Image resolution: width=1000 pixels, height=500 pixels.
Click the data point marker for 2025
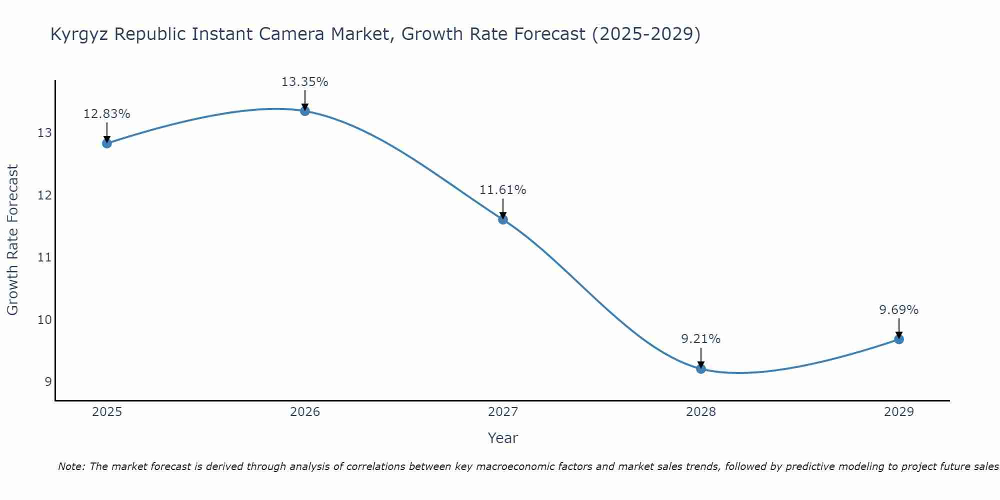[x=107, y=143]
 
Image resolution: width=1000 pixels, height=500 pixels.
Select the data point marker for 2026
[x=305, y=111]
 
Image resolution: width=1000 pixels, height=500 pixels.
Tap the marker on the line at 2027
[x=503, y=219]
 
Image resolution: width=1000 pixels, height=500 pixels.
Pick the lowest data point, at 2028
[x=701, y=369]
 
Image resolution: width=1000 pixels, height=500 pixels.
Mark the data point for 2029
[x=899, y=339]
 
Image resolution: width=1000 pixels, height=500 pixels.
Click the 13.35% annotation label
[x=304, y=82]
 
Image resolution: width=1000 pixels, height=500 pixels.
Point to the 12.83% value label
[x=106, y=114]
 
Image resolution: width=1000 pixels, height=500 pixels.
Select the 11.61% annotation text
[x=502, y=190]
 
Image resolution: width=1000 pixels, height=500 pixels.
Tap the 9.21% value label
[x=700, y=339]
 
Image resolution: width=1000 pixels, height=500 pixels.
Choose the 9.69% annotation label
[x=898, y=310]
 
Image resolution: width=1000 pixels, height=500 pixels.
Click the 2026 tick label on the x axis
[x=305, y=412]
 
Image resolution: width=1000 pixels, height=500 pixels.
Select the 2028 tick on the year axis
[x=701, y=412]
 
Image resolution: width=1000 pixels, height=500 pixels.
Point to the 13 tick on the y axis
[x=44, y=133]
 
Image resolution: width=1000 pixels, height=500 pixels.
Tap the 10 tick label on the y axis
[x=44, y=319]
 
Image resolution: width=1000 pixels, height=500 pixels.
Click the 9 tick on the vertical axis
[x=48, y=382]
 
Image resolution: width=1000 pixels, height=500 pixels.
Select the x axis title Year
[x=502, y=438]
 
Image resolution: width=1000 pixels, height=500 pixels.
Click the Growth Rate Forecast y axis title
[x=12, y=240]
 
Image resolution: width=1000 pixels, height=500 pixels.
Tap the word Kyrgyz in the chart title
[x=79, y=34]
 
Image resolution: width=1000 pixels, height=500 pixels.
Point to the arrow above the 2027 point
[x=503, y=209]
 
